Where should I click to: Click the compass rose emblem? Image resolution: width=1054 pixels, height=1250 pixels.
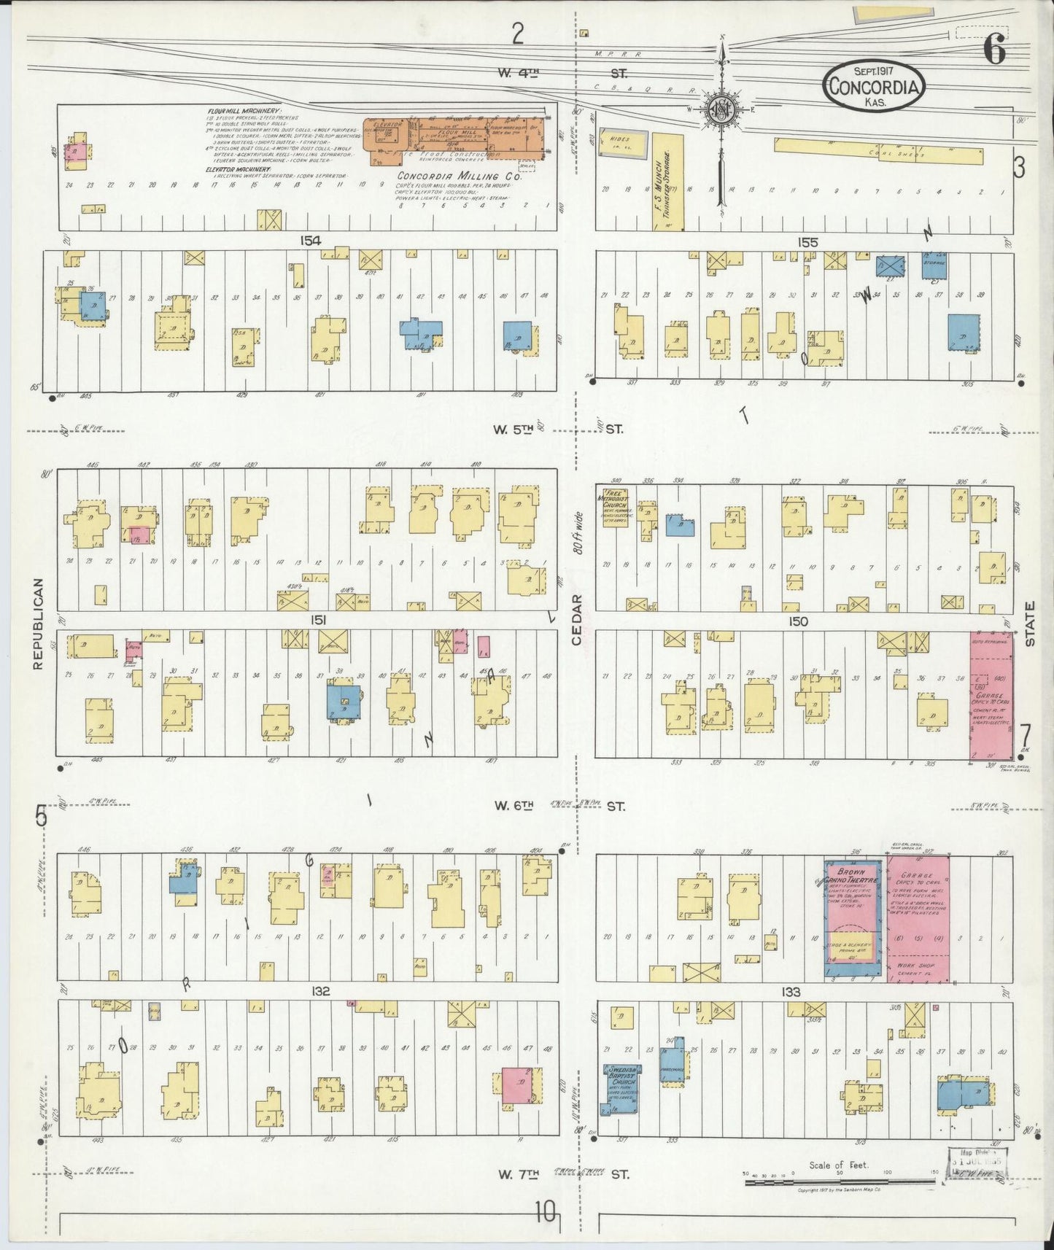[x=721, y=111]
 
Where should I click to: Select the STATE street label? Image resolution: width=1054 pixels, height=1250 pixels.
[x=1031, y=624]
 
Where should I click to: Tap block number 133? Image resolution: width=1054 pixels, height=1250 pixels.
[x=790, y=992]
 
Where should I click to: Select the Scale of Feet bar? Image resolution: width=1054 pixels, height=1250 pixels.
[x=839, y=1180]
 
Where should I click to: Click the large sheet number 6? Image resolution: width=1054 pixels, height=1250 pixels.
[x=993, y=50]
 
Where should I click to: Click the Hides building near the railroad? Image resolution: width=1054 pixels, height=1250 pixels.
[x=622, y=144]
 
